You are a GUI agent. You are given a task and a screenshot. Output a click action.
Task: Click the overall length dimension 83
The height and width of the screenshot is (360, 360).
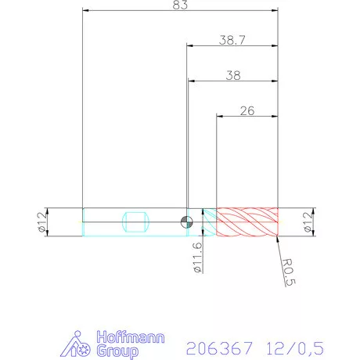coord(180,5)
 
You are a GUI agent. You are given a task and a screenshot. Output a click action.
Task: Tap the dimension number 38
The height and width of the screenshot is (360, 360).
coord(232,75)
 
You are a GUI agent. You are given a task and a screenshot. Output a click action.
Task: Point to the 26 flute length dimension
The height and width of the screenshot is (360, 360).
coord(247,111)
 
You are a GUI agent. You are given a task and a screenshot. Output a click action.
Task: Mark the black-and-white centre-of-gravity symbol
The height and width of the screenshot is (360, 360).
coord(186,221)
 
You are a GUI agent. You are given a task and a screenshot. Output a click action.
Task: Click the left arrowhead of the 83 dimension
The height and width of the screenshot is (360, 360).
coord(86,11)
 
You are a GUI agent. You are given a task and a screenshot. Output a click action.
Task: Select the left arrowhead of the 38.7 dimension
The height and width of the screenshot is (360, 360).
coord(189,45)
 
